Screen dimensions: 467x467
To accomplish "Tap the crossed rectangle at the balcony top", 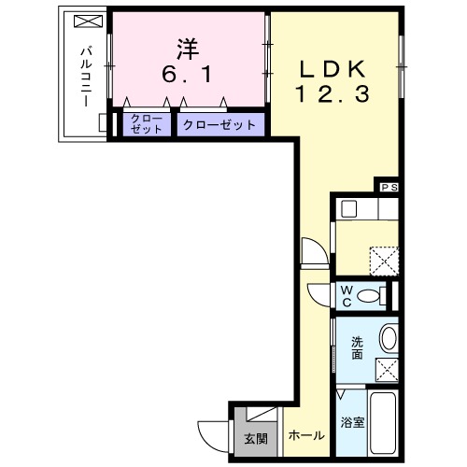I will [84, 21].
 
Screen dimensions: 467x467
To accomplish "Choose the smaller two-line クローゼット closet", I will [148, 124].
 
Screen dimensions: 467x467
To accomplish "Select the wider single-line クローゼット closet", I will [219, 124].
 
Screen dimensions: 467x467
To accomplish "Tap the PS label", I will [389, 187].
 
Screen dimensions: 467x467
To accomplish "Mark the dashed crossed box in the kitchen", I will [383, 257].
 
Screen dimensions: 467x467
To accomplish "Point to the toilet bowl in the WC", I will [371, 295].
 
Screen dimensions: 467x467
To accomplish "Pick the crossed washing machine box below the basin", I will [387, 369].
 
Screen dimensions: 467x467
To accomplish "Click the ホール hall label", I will [306, 436].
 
